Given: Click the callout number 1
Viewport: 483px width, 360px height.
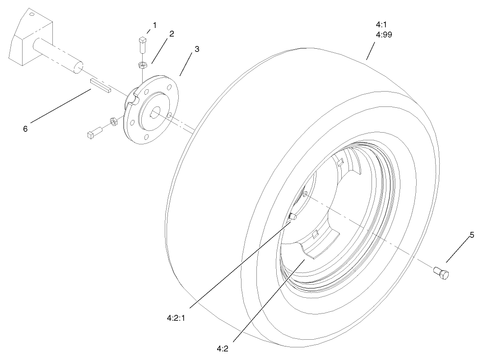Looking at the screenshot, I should [x=154, y=25].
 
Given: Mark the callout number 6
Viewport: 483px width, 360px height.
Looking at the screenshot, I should [x=25, y=129].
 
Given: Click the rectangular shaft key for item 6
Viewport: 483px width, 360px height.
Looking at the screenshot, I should [x=100, y=85].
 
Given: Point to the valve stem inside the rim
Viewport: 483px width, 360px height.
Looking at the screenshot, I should [x=292, y=217].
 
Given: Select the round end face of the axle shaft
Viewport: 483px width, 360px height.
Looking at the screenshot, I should [x=78, y=67].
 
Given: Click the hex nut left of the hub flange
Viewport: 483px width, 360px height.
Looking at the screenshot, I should [x=114, y=121].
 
